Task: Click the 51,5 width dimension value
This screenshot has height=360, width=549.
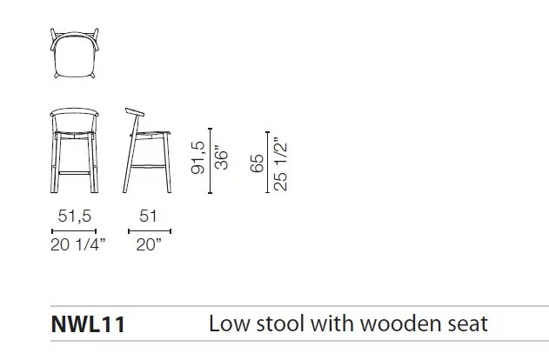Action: tap(75, 216)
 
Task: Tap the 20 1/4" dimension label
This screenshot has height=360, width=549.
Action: tap(77, 244)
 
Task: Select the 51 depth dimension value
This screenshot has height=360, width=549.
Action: tap(148, 216)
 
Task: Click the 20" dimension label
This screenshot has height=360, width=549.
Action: tap(149, 244)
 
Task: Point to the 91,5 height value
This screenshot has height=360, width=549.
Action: tap(198, 157)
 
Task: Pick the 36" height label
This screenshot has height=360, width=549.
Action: tap(221, 157)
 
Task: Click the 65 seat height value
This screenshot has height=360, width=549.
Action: tap(258, 163)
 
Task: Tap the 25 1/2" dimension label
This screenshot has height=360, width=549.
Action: tap(280, 163)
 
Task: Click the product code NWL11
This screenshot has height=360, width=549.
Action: tap(88, 324)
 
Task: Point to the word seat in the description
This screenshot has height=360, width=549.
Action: tap(470, 324)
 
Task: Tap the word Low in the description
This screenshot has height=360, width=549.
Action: tap(230, 323)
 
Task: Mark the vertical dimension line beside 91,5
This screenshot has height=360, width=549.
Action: tap(210, 161)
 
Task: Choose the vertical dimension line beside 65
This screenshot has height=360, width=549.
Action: tap(268, 162)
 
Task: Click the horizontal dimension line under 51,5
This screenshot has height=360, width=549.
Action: tap(74, 231)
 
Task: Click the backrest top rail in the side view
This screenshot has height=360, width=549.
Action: tap(135, 111)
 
